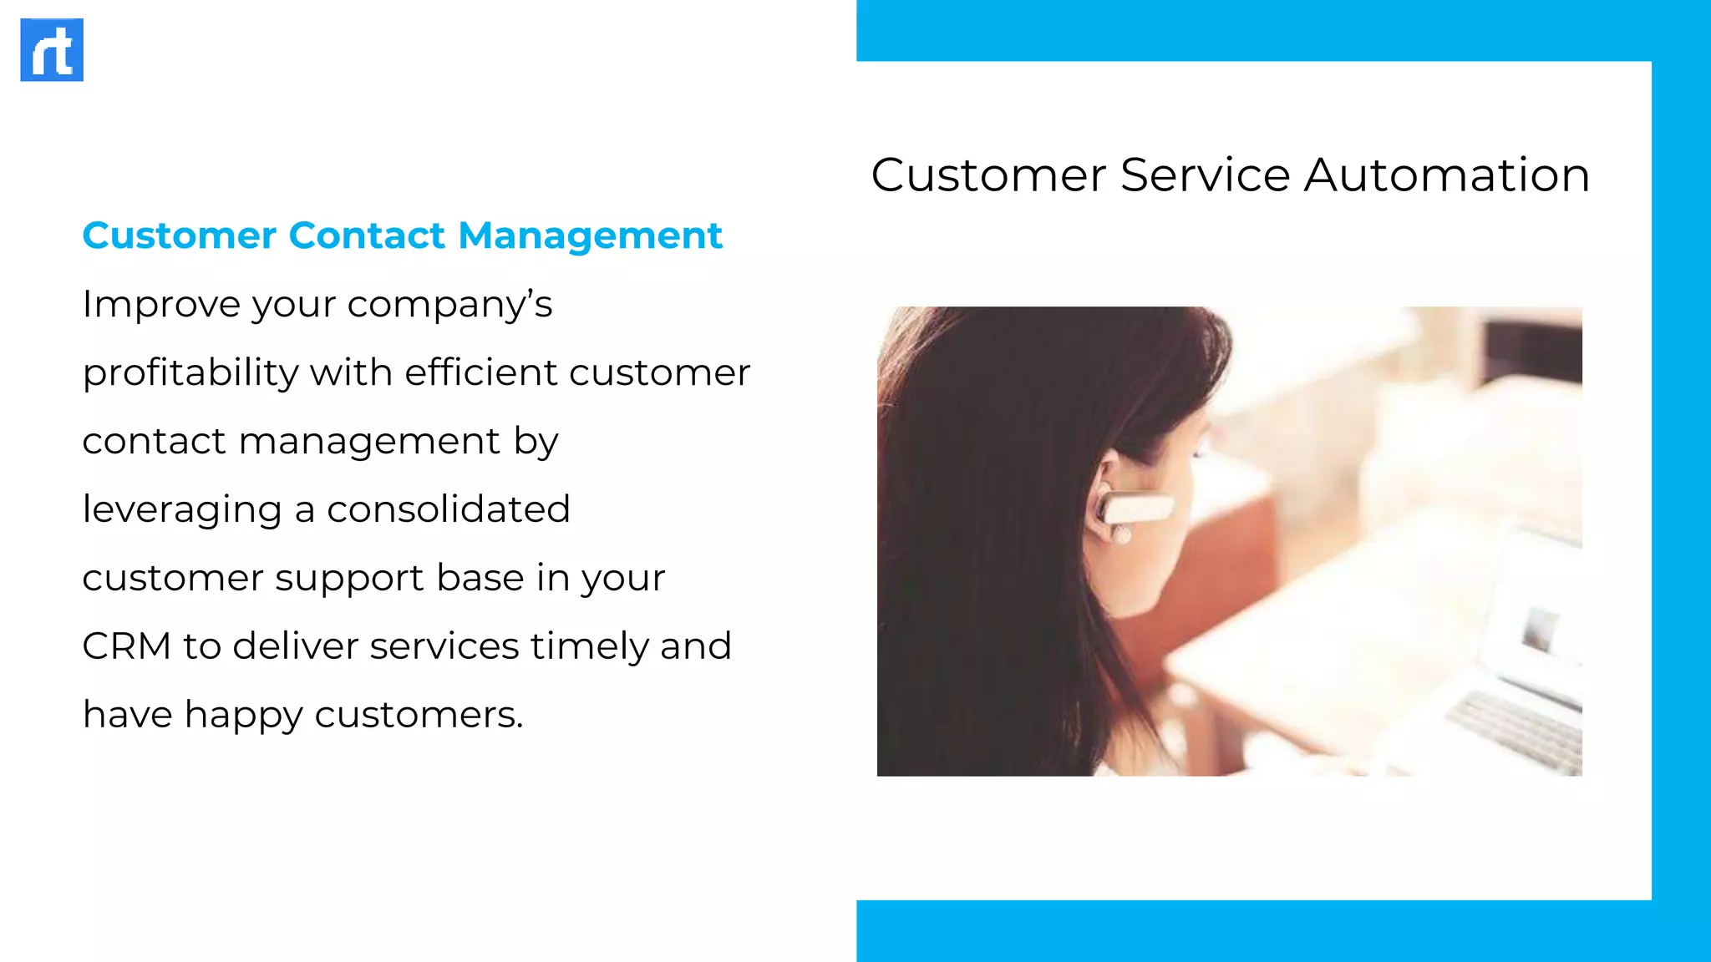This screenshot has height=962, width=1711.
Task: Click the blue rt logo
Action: point(52,50)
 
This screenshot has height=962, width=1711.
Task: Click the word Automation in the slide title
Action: point(1446,175)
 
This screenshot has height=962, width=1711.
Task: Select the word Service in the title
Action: point(1205,175)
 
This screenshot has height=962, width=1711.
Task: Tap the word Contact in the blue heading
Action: point(367,235)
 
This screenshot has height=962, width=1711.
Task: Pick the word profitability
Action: point(190,373)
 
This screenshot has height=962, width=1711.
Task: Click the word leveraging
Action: point(181,510)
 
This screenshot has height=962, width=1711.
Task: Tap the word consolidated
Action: point(448,509)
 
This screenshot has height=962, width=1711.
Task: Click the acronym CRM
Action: point(126,646)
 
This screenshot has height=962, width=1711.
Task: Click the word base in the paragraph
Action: point(480,578)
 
